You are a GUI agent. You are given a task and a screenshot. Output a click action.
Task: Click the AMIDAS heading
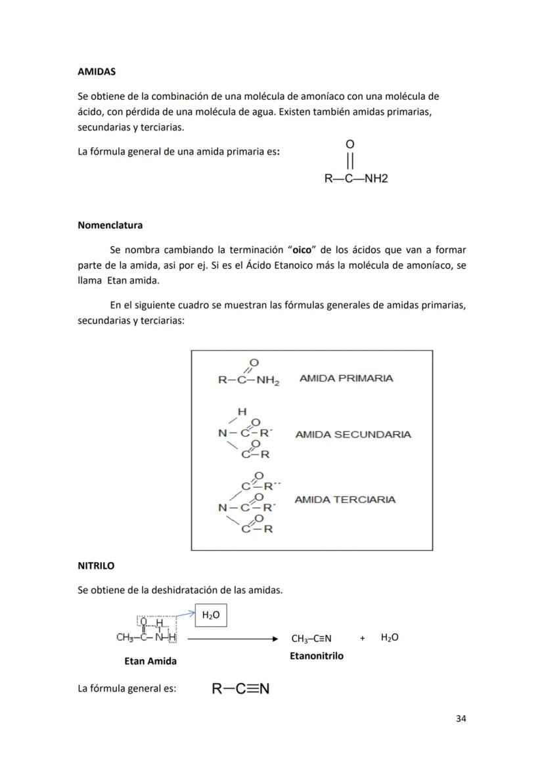coord(96,71)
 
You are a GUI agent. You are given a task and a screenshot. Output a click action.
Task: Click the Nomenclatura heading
coord(110,225)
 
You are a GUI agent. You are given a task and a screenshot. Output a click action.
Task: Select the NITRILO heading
coord(96,565)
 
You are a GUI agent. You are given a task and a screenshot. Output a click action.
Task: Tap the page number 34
coord(461,718)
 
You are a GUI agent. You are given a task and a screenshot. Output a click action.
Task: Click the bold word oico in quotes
coord(302,250)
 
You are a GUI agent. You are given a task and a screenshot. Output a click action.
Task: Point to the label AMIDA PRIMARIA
coord(346,378)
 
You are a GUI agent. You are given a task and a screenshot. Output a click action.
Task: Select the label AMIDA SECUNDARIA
coord(353,434)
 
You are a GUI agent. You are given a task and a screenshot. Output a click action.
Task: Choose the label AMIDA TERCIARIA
coord(345,500)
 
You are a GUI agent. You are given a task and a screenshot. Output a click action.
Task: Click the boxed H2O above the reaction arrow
coord(210,615)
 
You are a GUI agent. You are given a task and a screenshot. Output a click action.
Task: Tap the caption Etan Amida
coord(150,661)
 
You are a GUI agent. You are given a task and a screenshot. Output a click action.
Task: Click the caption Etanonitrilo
coord(316,655)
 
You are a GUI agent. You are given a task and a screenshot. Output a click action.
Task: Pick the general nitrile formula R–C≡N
coord(240,689)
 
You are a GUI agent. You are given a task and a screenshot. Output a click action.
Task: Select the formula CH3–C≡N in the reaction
coord(311,638)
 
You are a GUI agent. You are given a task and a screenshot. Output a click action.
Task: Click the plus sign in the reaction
coord(362,638)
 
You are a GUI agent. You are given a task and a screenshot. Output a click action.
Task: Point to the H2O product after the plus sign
coord(390,638)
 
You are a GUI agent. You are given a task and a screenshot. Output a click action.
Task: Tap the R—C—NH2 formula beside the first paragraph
coord(356,178)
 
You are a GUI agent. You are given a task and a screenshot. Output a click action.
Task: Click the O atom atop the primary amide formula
coord(350,144)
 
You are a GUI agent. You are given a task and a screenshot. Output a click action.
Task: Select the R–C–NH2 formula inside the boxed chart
coord(248,380)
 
